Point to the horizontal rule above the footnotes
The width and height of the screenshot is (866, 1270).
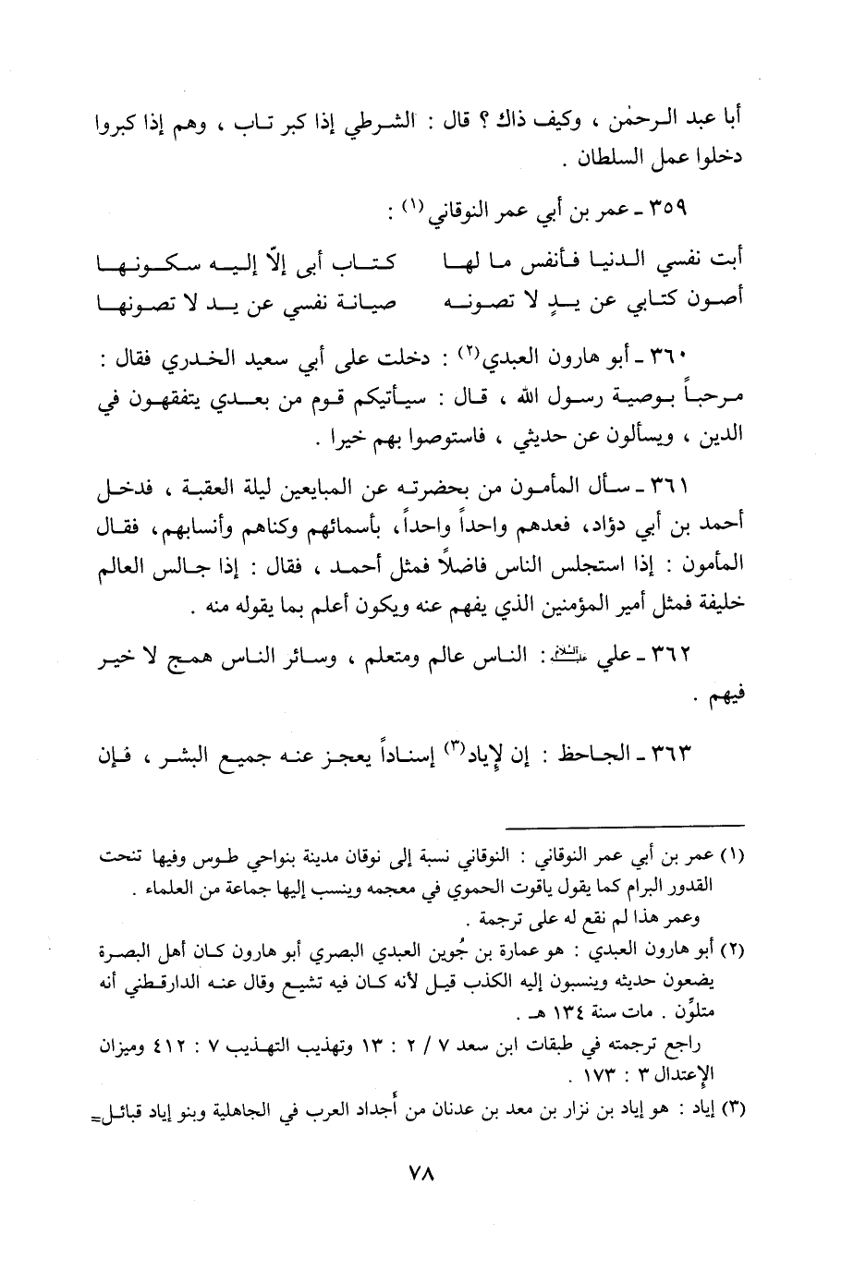tap(626, 825)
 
